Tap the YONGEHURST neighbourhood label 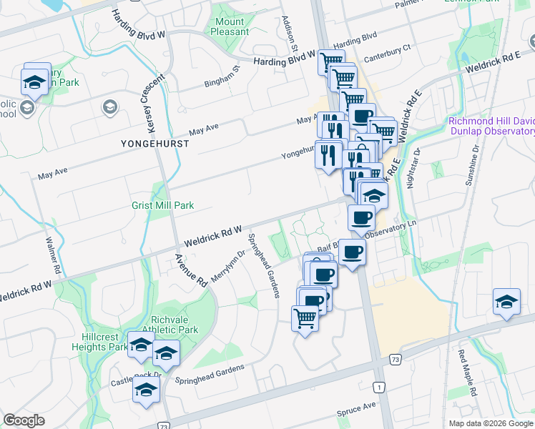pos(154,144)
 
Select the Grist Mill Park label pos(162,205)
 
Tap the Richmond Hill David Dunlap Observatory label pos(492,127)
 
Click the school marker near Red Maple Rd pos(506,302)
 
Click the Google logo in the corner pos(24,420)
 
